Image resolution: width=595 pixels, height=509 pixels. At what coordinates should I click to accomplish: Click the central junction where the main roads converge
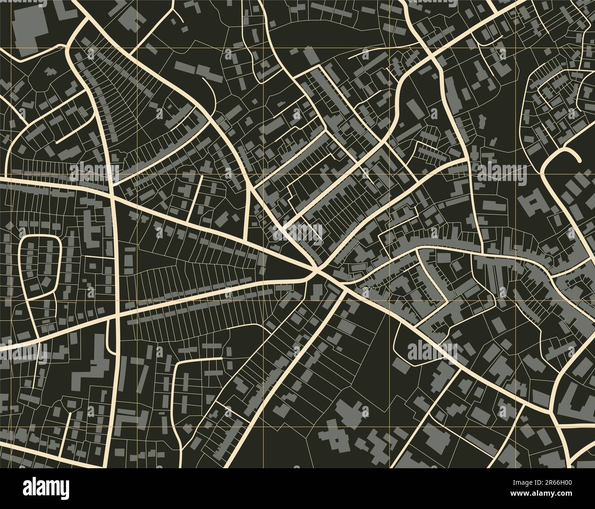pos(316,271)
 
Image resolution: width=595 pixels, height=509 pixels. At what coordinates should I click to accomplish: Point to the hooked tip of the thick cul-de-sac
pos(579,159)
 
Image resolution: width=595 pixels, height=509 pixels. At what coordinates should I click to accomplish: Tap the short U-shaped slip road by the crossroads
pos(110,337)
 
